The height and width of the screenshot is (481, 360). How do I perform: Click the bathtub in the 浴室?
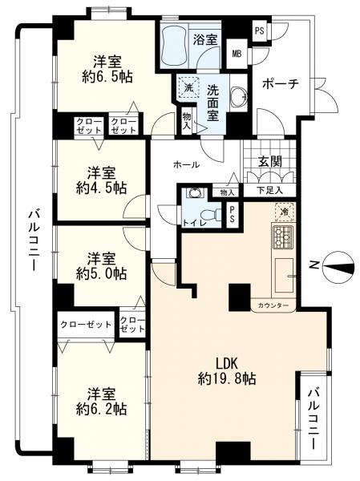[174, 46]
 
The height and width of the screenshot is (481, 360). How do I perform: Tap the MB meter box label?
[237, 54]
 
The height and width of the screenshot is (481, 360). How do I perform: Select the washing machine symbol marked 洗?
[188, 87]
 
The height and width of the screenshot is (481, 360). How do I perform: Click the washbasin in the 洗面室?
[238, 97]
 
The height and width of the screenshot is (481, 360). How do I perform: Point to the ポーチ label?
[281, 83]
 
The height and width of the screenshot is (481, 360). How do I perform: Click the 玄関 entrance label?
[269, 161]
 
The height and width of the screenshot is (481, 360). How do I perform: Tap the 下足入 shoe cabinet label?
[269, 191]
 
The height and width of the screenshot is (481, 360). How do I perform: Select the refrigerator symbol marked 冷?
[285, 212]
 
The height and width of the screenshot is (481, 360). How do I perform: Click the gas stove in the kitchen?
[283, 236]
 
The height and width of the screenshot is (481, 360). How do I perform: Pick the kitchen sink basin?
[284, 275]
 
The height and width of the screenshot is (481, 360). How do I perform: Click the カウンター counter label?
[273, 305]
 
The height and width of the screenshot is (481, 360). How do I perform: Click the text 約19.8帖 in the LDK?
[227, 379]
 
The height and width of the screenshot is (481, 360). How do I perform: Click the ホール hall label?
[187, 165]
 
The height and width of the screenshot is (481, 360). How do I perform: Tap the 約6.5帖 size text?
[107, 76]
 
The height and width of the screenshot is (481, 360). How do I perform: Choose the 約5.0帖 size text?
[101, 273]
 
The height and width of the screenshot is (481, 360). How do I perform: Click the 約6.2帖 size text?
[101, 408]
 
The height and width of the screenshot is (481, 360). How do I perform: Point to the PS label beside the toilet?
[233, 215]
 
